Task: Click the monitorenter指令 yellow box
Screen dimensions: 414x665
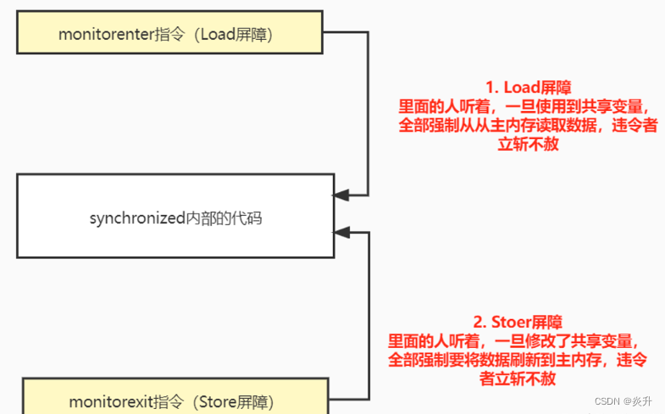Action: [169, 33]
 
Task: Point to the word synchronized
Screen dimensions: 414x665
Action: [136, 218]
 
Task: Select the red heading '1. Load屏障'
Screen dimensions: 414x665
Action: [528, 87]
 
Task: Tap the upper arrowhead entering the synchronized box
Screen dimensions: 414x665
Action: [341, 196]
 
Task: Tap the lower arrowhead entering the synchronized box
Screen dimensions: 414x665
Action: [341, 231]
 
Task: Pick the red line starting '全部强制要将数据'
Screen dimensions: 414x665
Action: [517, 360]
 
